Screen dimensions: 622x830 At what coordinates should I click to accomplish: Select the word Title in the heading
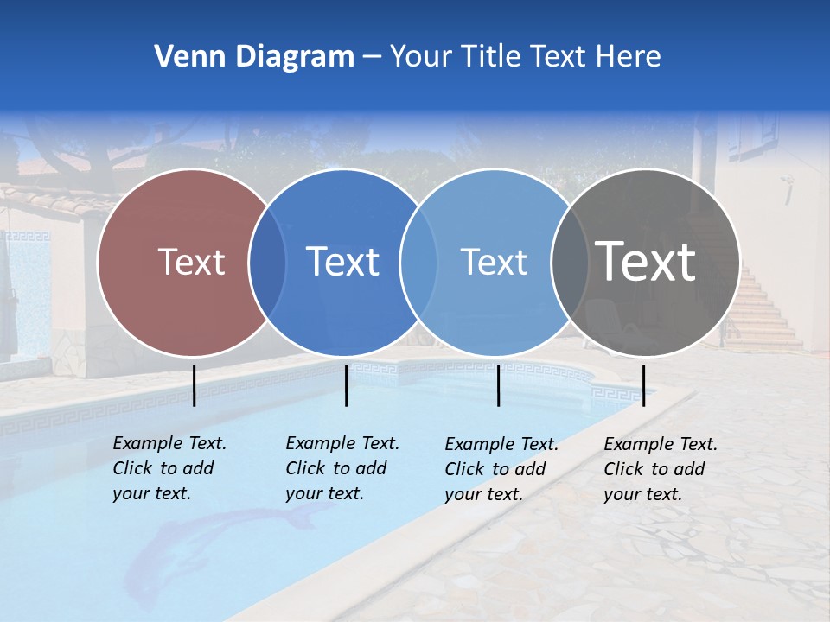coord(490,57)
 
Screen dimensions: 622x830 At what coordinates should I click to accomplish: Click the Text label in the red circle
coord(191,262)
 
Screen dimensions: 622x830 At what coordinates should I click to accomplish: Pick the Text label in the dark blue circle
coord(342,262)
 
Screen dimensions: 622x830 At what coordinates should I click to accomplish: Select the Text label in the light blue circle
coord(494,262)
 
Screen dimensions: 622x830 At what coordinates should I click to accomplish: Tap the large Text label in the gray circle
coord(646,262)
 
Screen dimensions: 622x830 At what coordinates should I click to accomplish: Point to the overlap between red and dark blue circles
coord(267,262)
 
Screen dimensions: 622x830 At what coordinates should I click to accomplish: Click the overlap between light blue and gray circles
coord(570,262)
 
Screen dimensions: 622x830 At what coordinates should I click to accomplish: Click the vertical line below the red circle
coord(195,385)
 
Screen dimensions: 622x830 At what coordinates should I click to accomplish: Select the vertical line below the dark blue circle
coord(346,385)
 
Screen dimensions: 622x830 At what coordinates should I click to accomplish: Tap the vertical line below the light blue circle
coord(498,385)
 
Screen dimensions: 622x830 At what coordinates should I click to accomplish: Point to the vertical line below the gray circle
coord(643,385)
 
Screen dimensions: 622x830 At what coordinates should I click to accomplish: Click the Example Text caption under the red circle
coord(169,468)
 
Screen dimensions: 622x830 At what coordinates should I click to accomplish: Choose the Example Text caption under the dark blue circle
coord(342,468)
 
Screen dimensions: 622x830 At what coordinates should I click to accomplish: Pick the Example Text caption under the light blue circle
coord(501,469)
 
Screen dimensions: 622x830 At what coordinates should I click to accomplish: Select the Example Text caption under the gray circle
coord(661,469)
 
